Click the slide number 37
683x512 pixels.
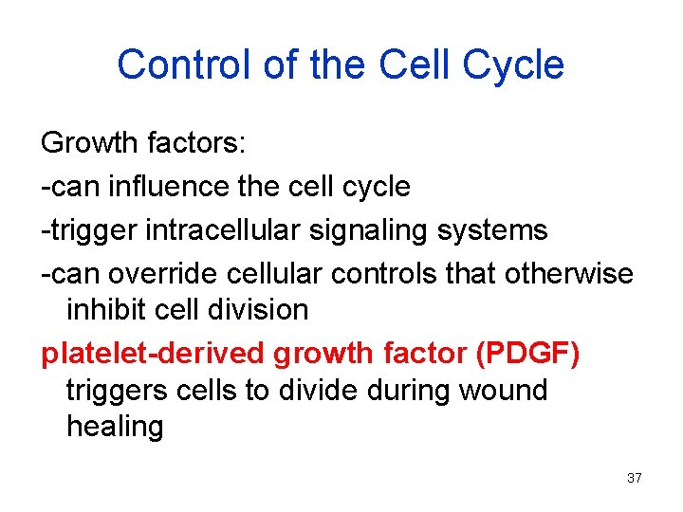[635, 478]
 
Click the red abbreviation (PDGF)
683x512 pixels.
[528, 353]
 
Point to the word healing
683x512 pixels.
[115, 427]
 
